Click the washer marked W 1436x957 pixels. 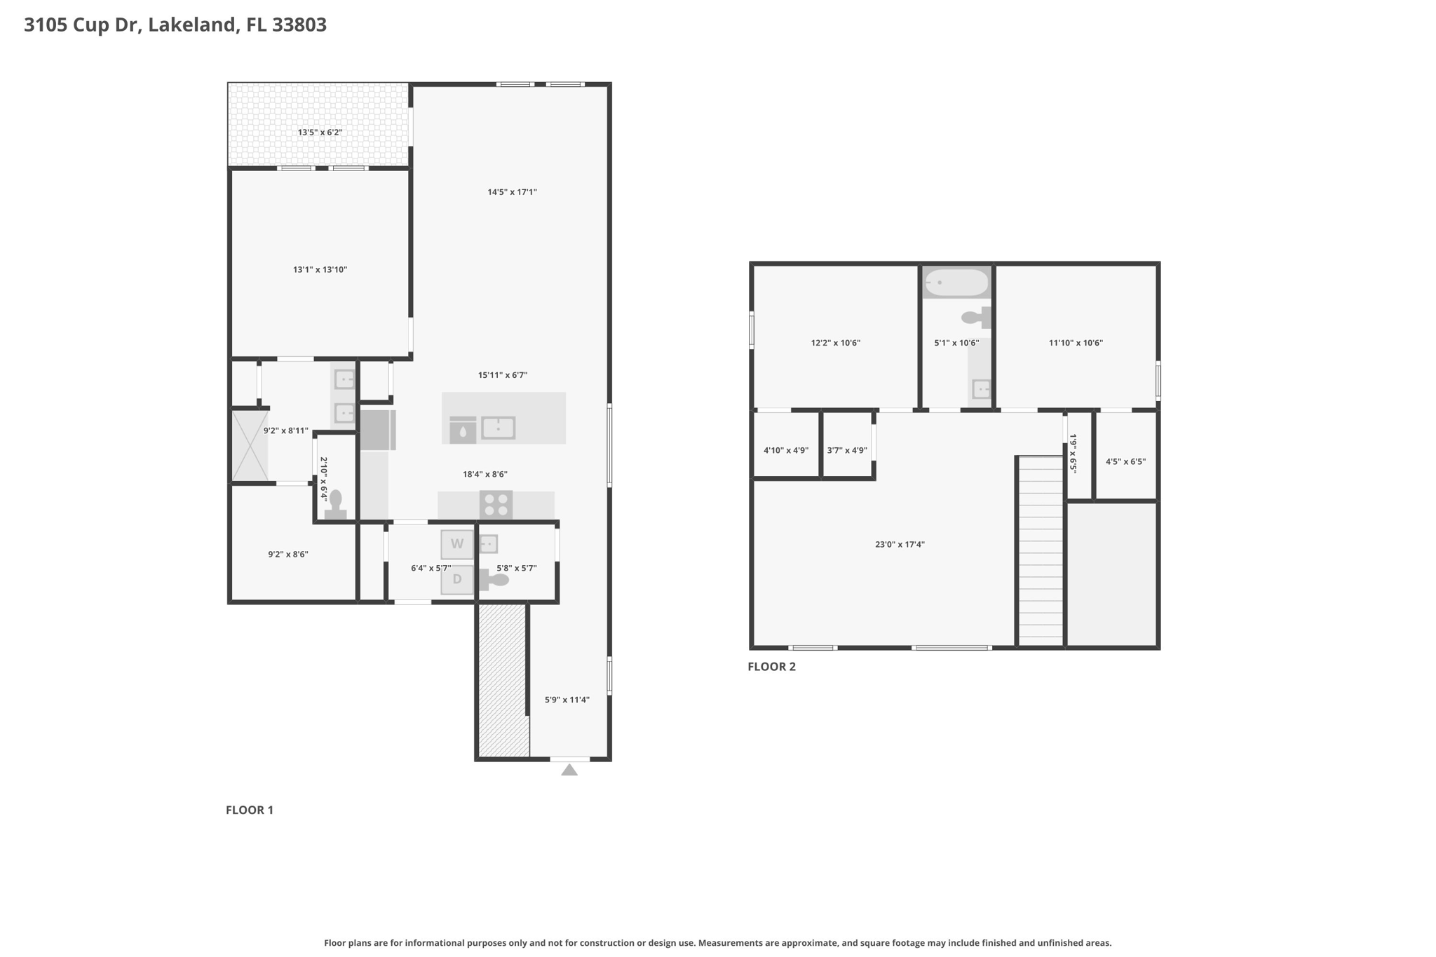click(x=457, y=544)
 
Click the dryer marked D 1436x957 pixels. click(x=457, y=580)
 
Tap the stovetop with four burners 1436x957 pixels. click(x=496, y=505)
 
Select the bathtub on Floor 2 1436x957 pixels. click(x=956, y=283)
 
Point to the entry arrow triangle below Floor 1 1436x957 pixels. click(x=569, y=770)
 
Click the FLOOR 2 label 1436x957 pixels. click(x=772, y=667)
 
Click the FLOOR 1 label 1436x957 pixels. click(x=250, y=810)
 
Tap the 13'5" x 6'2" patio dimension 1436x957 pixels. click(x=320, y=133)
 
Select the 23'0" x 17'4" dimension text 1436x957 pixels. click(x=900, y=545)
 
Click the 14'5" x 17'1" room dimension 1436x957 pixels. click(x=513, y=192)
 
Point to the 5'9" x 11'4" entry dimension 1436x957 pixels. click(x=567, y=700)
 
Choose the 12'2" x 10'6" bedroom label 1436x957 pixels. click(x=836, y=344)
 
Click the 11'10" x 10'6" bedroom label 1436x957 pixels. click(x=1076, y=344)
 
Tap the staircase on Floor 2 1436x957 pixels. click(x=1041, y=551)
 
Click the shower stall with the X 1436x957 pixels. click(x=250, y=446)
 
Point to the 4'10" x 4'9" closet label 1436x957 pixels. click(x=786, y=451)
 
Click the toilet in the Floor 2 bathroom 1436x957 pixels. click(x=976, y=318)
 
